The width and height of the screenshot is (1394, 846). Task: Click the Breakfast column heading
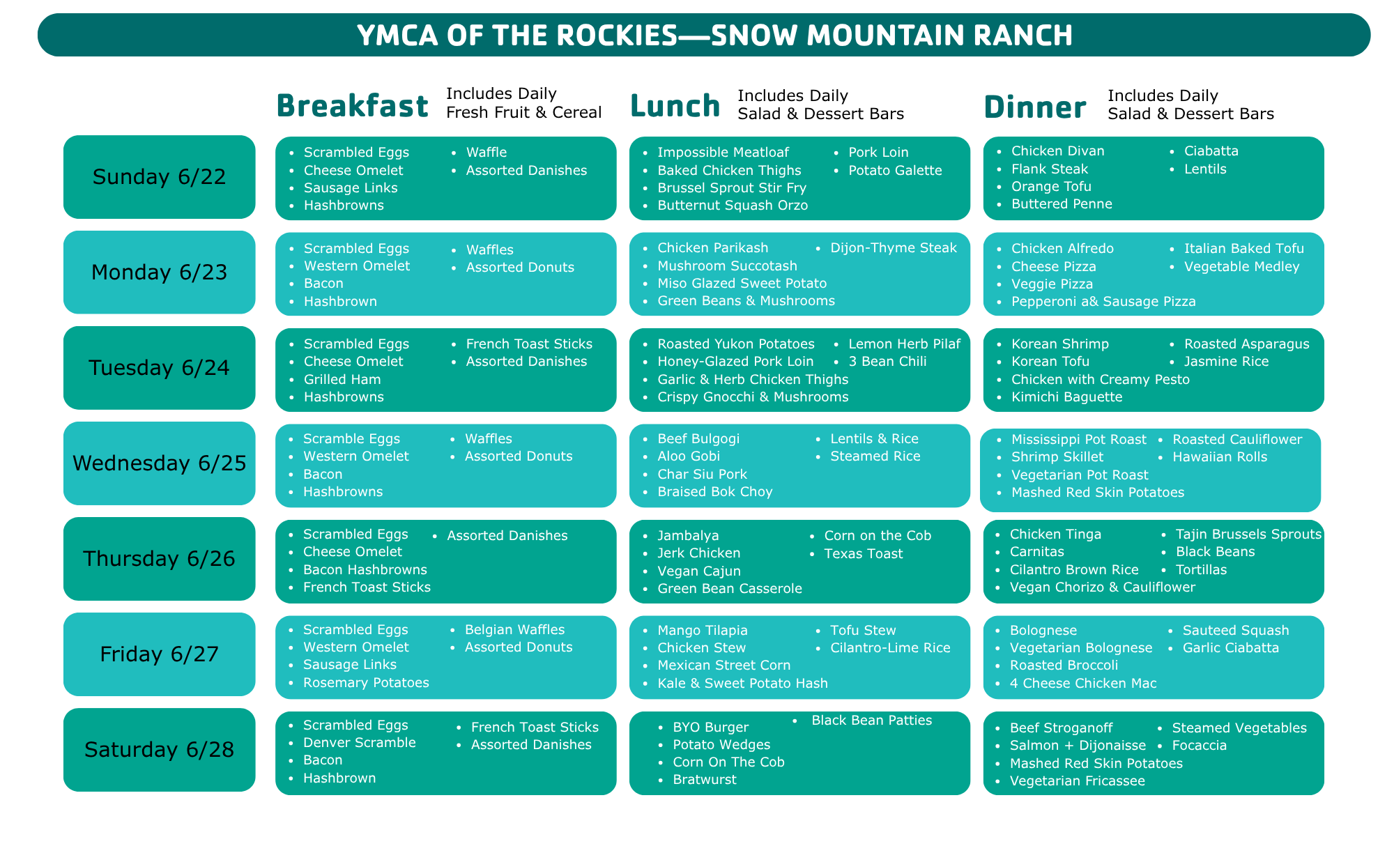coord(352,106)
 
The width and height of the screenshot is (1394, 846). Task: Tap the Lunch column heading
coord(675,106)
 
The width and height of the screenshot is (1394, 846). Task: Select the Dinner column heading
coord(1035,107)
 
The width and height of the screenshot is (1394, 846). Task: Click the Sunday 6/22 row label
coord(160,177)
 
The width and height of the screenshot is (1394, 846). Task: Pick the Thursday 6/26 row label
coord(160,559)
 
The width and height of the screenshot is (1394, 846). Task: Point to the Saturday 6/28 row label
coord(160,750)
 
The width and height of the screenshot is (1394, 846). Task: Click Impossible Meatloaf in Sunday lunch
coord(723,153)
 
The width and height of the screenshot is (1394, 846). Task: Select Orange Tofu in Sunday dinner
coord(1051,186)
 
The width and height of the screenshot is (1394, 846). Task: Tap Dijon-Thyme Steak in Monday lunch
coord(894,248)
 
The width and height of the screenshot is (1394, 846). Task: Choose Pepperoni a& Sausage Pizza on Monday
coord(1103,302)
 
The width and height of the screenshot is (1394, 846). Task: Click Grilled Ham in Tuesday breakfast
coord(342,380)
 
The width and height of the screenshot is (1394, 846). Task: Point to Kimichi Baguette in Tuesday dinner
coord(1066,397)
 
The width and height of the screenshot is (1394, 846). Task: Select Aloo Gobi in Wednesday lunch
coord(689,456)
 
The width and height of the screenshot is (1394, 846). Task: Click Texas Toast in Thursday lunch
coord(864,554)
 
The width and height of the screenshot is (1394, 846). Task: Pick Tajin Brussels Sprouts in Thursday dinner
coord(1248,534)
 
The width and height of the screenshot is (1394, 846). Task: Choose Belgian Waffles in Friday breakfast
coord(514,630)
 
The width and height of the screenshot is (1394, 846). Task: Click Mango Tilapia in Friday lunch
coord(702,631)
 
